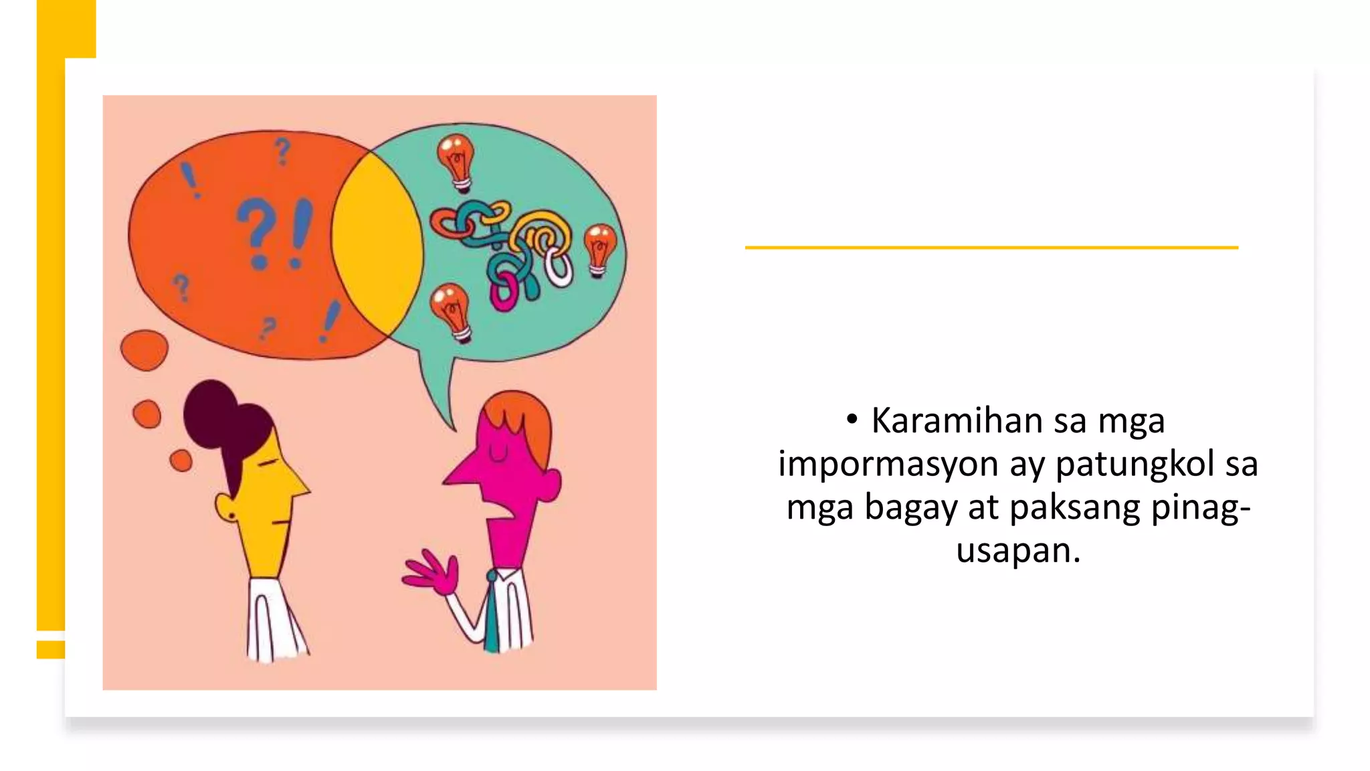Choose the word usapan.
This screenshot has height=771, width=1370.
pos(1017,550)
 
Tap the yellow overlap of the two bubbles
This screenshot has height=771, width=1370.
pos(377,245)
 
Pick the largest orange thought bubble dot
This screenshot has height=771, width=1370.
pos(144,349)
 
